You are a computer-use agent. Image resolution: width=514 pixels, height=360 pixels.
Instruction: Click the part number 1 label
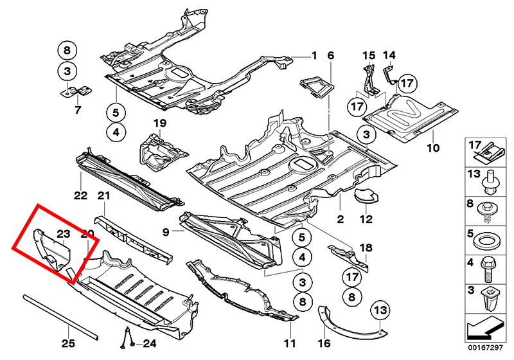pos(315,56)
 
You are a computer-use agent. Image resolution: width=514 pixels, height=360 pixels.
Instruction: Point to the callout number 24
pos(149,343)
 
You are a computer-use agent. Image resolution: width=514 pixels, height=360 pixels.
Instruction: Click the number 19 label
pos(159,123)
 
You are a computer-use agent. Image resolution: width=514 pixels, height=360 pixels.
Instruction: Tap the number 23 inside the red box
pos(62,234)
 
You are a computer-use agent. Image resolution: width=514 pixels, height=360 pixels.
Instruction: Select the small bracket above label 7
pos(75,92)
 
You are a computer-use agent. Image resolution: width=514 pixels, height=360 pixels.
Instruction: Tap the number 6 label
pos(331,56)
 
